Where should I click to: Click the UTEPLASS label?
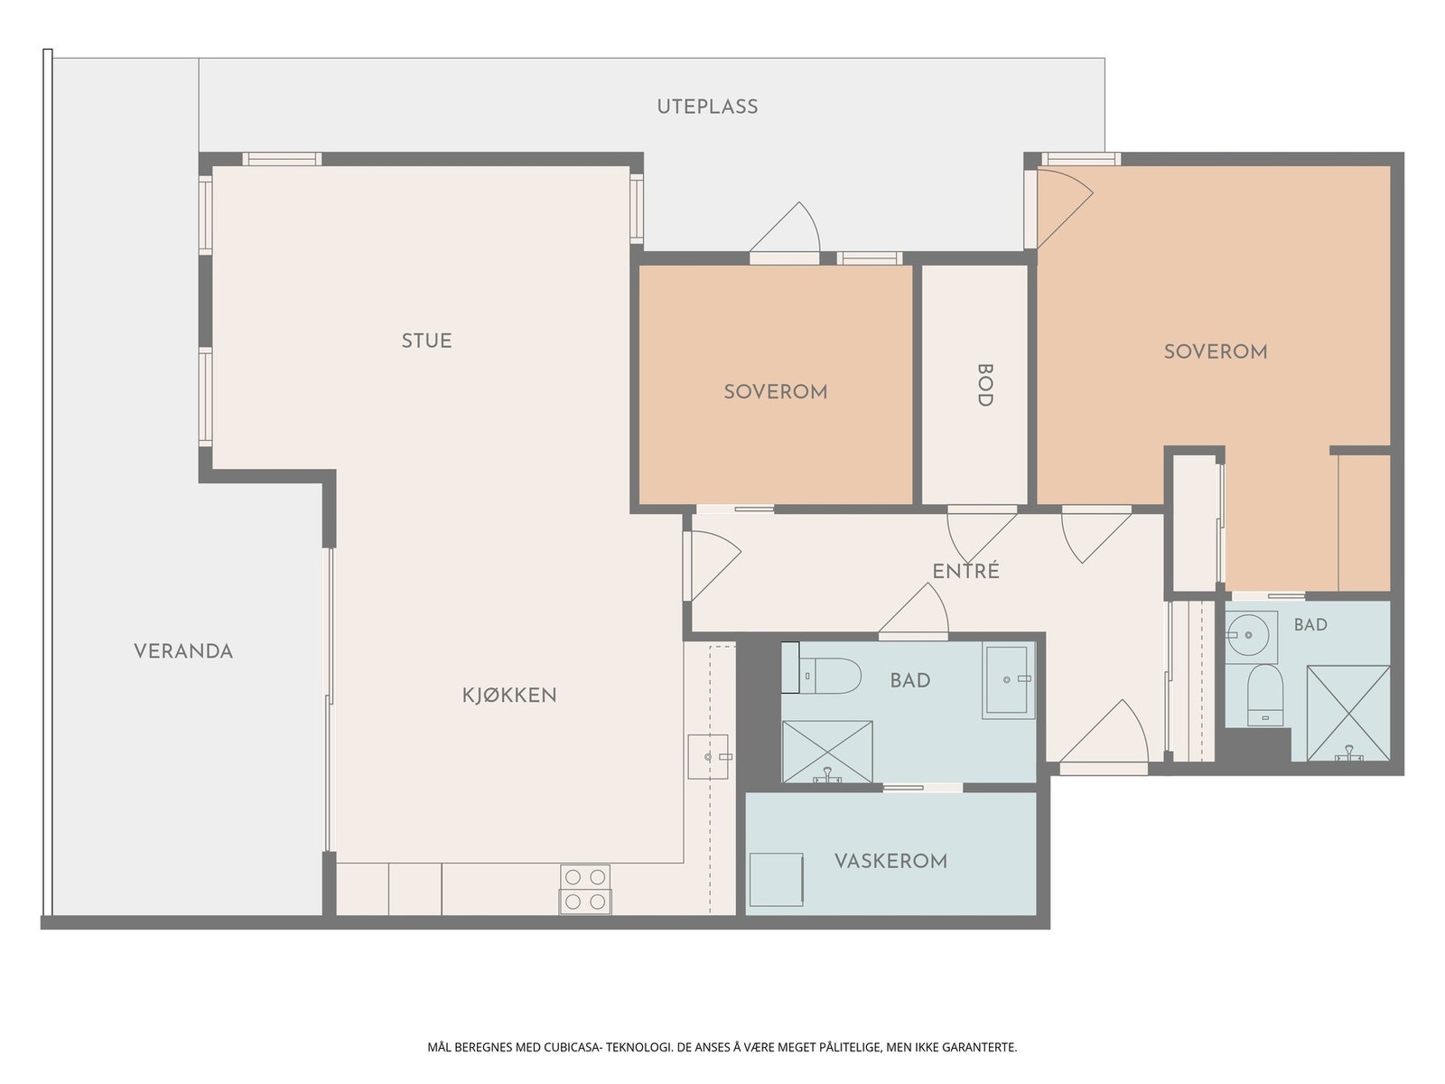707,107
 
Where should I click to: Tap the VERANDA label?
183,651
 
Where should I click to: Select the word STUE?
426,341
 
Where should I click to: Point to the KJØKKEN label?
508,695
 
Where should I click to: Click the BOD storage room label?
984,385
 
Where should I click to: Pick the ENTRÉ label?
965,570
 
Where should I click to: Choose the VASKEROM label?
890,861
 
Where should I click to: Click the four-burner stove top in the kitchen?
585,889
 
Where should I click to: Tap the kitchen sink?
709,757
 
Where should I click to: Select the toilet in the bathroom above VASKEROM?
822,676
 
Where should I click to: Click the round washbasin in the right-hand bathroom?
1249,636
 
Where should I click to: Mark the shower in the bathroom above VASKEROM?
827,751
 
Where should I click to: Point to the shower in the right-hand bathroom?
1347,714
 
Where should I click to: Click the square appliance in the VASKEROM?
777,879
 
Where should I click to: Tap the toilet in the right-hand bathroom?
1264,695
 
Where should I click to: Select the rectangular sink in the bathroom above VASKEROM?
1009,680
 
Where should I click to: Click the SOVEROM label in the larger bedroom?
1216,351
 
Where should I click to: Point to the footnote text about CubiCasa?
722,1046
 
